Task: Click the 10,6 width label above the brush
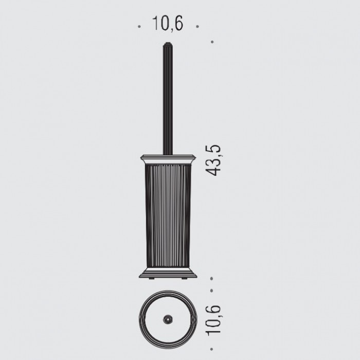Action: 168,23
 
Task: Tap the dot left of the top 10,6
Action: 139,27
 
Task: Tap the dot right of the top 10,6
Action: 197,27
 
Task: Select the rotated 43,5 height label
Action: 213,160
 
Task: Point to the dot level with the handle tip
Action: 212,42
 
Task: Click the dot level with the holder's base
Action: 211,279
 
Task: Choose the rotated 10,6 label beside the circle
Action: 214,320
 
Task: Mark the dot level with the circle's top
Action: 211,291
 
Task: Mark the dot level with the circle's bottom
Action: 211,349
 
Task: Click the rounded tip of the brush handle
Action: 168,44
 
